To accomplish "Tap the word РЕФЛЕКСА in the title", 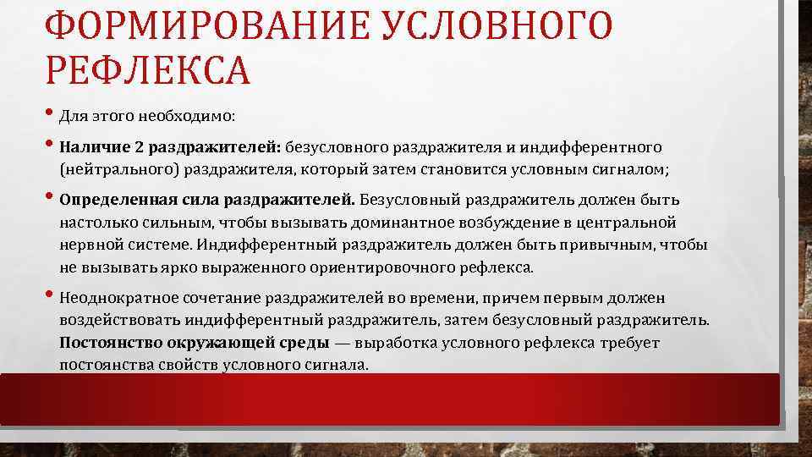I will coord(148,70).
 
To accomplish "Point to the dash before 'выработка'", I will coord(344,344).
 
